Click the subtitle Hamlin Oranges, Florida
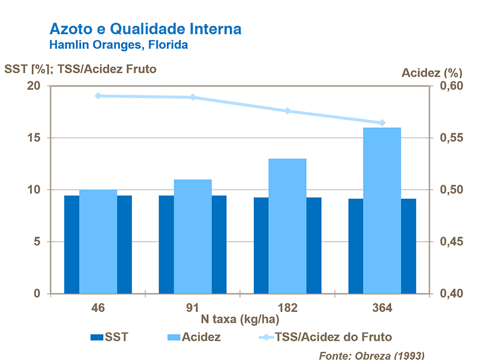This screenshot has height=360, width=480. tap(118, 45)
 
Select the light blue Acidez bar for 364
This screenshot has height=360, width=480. tap(382, 210)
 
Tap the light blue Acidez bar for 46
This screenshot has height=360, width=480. tap(98, 241)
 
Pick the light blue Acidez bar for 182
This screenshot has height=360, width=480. tap(287, 226)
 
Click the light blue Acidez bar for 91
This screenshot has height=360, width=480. tap(193, 236)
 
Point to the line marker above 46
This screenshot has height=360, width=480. tap(98, 95)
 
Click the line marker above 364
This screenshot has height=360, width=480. tap(382, 122)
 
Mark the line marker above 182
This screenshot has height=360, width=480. tap(287, 111)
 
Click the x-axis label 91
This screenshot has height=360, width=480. tap(193, 308)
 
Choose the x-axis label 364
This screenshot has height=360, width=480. tap(382, 308)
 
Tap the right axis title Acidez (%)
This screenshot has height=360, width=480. tap(431, 73)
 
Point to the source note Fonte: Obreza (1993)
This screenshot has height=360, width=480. tap(371, 355)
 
